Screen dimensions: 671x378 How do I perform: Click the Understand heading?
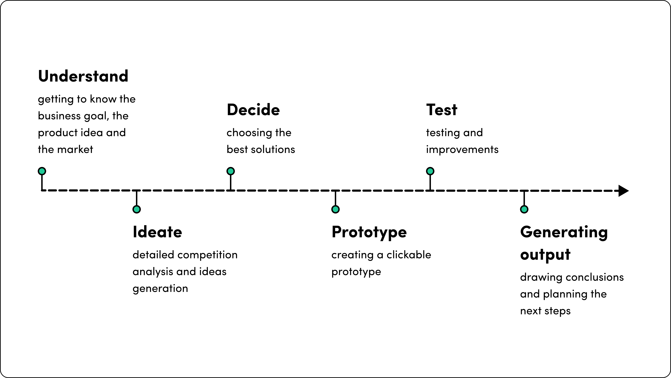click(x=83, y=76)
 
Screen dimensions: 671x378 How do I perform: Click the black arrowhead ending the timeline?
click(x=624, y=191)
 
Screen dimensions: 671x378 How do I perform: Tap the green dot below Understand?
click(x=42, y=171)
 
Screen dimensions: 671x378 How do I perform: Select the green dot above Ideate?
click(x=137, y=209)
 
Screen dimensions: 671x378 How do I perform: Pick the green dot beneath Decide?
click(x=230, y=171)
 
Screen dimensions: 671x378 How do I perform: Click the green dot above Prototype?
click(x=335, y=209)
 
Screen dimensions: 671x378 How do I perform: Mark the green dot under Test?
click(x=430, y=171)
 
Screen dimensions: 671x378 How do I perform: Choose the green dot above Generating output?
click(x=524, y=209)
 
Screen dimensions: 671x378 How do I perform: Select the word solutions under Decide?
click(x=273, y=149)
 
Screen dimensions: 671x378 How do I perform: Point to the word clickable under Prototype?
click(x=409, y=255)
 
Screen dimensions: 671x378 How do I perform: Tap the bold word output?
click(x=545, y=255)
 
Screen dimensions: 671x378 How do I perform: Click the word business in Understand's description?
click(x=59, y=116)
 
